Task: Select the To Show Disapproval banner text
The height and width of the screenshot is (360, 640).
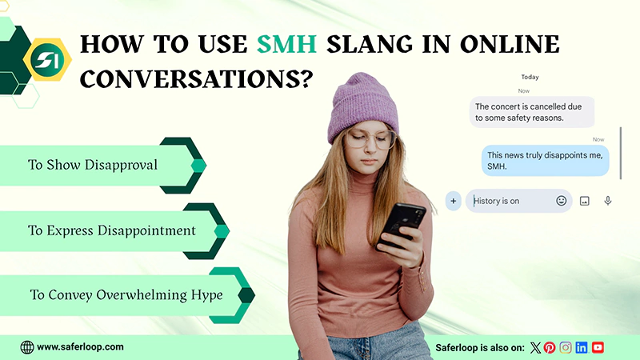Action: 93,165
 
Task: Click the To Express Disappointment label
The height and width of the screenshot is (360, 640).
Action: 112,230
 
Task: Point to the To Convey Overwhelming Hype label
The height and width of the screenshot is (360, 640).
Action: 126,294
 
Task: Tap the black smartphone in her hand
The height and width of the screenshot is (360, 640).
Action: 402,225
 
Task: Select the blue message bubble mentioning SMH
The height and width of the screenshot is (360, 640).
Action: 546,160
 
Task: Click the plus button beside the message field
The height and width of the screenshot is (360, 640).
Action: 454,201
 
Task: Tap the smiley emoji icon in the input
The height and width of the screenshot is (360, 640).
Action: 562,201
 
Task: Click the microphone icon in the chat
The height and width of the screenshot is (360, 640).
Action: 608,201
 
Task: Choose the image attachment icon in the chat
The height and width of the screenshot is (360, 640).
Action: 585,201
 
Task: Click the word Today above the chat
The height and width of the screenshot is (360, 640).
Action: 530,78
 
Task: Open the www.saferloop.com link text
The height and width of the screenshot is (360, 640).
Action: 80,346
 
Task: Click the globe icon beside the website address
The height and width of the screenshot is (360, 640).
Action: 27,347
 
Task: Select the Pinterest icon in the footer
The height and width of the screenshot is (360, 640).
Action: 550,347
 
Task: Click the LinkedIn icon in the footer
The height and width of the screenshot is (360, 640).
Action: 582,347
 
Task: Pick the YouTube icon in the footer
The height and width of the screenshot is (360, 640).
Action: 598,347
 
